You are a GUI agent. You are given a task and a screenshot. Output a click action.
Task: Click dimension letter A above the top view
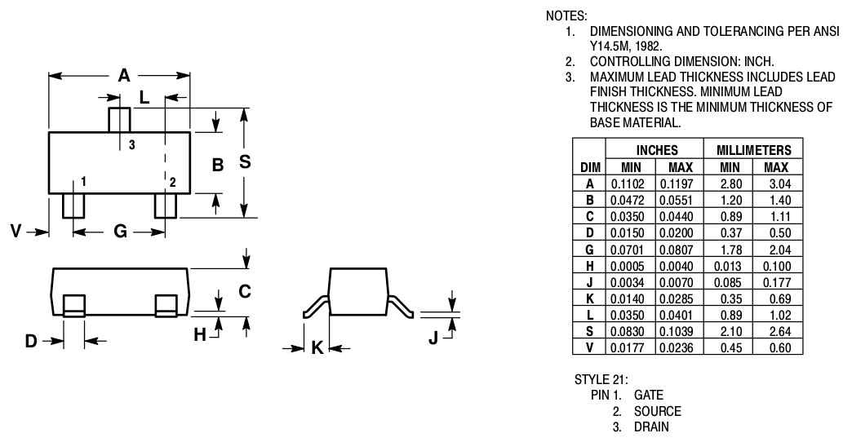[123, 76]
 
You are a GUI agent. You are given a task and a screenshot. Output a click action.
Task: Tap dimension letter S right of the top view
[244, 162]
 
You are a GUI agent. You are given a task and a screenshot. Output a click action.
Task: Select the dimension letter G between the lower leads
[120, 232]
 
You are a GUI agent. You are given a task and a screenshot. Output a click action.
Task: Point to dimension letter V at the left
[16, 232]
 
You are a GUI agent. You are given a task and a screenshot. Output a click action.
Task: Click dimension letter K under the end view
[317, 348]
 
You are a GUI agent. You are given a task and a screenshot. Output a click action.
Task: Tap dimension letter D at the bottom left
[31, 341]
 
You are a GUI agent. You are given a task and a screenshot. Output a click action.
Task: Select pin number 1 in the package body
[84, 180]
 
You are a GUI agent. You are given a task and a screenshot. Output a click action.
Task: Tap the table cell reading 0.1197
[677, 183]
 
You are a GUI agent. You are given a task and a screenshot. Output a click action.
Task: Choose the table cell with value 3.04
[776, 183]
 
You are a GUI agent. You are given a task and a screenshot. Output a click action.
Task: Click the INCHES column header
[655, 151]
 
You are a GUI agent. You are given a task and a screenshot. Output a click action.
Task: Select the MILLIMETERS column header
[753, 151]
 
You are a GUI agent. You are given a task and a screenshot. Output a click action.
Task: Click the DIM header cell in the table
[589, 167]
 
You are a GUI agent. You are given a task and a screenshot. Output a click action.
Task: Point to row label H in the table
[589, 266]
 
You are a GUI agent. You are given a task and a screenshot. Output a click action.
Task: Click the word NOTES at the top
[566, 15]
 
